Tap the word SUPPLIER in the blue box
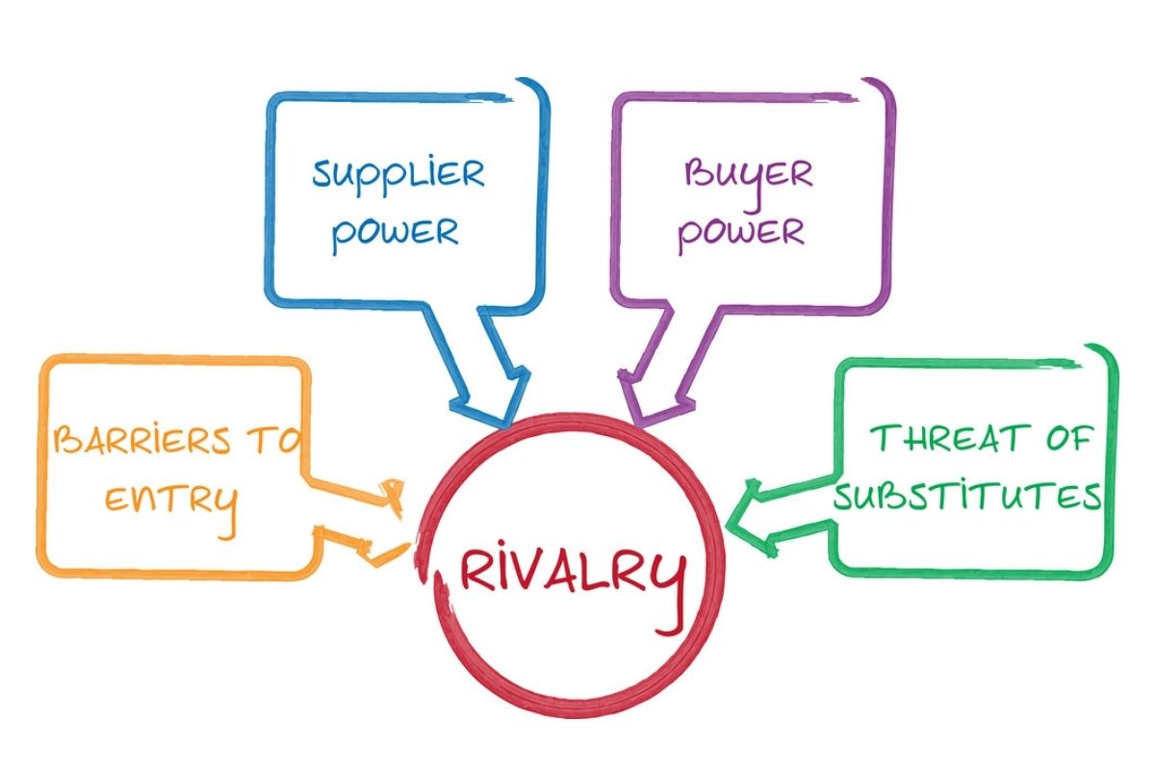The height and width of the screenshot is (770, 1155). (398, 174)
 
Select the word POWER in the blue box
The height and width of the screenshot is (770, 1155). (394, 232)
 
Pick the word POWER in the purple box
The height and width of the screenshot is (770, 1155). (740, 233)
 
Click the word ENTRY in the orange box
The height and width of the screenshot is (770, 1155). (170, 500)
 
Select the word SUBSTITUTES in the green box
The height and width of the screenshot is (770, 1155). (967, 497)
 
